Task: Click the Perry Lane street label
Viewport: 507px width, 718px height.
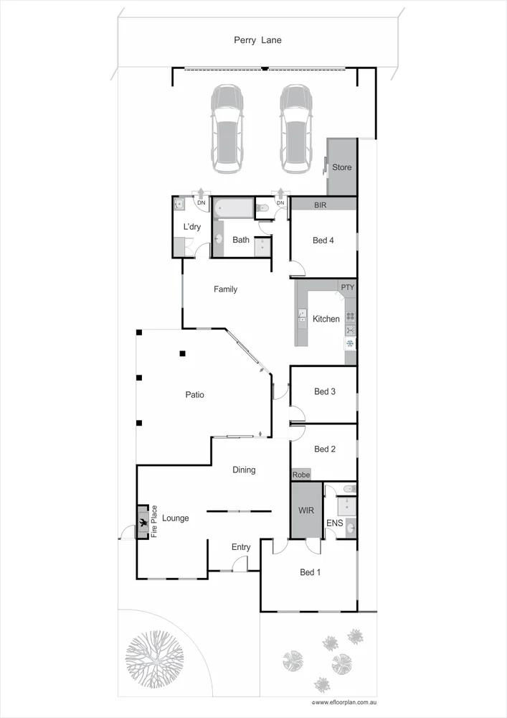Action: click(257, 40)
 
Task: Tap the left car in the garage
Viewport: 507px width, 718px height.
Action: click(226, 129)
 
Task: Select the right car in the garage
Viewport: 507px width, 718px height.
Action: click(295, 129)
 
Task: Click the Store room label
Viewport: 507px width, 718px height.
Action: click(342, 167)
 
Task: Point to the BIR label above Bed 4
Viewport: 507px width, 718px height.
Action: click(321, 205)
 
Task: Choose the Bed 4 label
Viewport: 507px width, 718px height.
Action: click(323, 241)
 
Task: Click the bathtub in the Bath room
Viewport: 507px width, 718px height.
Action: click(234, 210)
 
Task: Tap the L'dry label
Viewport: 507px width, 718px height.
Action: click(191, 227)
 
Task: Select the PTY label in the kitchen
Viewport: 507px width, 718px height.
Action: click(348, 287)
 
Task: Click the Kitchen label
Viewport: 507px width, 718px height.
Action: click(326, 319)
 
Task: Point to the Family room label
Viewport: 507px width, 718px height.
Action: click(225, 289)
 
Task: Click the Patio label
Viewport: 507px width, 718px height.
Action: click(194, 394)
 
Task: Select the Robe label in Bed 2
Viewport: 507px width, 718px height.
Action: click(300, 475)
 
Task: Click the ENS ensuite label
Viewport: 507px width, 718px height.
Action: click(335, 523)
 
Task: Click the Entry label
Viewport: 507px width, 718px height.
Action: click(241, 547)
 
